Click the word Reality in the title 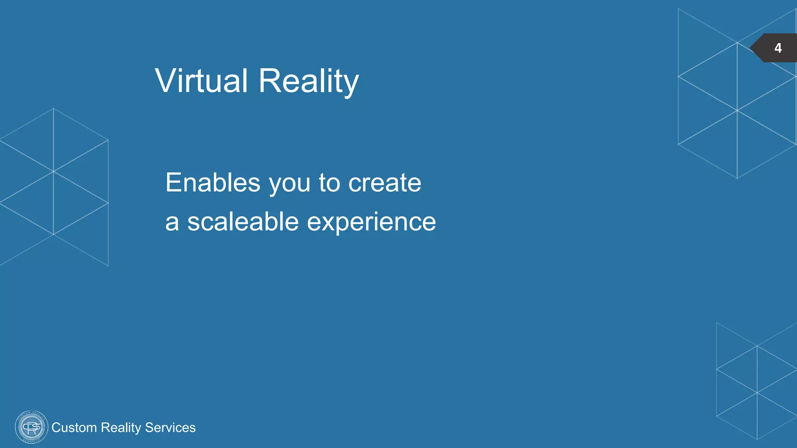coord(308,80)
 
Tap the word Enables coord(212,182)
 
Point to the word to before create coord(329,183)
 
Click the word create coord(384,183)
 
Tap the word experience coord(371,222)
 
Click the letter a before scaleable coord(172,222)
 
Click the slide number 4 coord(778,48)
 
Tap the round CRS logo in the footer coord(31,427)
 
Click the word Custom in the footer coord(74,427)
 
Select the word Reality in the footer coord(121,427)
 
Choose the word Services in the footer coord(170,427)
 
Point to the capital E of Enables coord(172,182)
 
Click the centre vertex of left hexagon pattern coord(53,171)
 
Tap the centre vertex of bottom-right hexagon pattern coord(757,392)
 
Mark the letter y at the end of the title coord(351,84)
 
